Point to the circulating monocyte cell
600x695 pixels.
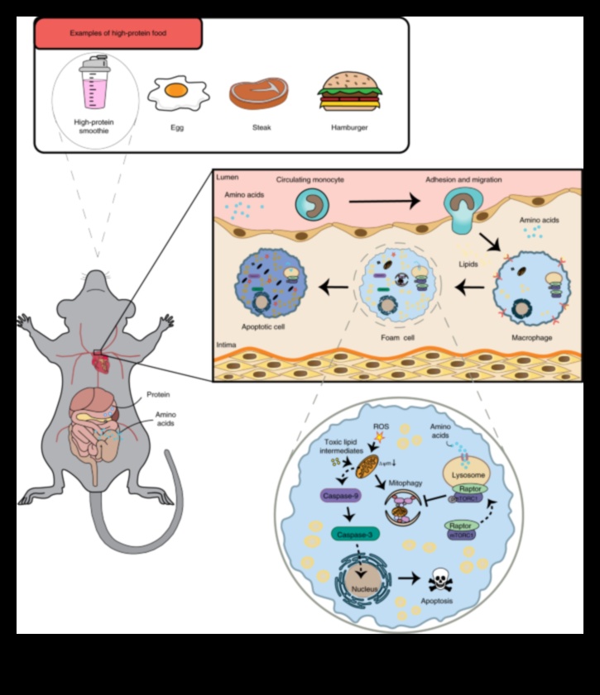pyautogui.click(x=313, y=206)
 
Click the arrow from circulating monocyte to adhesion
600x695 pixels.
pyautogui.click(x=382, y=200)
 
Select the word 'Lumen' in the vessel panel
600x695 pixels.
pyautogui.click(x=228, y=179)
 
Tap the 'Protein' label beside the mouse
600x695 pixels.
pyautogui.click(x=159, y=394)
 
